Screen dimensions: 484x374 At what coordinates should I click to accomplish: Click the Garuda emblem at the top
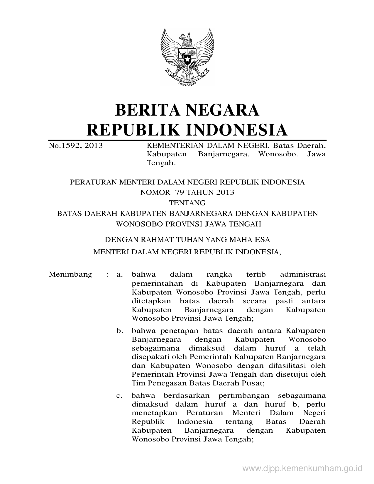(x=187, y=56)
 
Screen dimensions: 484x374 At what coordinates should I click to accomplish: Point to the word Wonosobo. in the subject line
(x=277, y=154)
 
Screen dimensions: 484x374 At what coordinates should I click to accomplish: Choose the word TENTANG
(x=187, y=203)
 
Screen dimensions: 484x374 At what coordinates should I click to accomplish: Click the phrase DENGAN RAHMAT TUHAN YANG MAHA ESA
(x=187, y=240)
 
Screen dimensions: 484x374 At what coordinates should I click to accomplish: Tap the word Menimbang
(x=70, y=275)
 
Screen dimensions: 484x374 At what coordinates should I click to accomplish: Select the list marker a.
(x=119, y=275)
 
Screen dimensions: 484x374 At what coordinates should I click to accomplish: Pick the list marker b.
(x=119, y=331)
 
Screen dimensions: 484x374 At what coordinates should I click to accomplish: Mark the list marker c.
(x=119, y=396)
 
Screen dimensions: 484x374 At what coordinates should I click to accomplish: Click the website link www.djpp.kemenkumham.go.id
(x=302, y=468)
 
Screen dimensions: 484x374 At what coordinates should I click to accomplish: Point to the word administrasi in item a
(x=303, y=275)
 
